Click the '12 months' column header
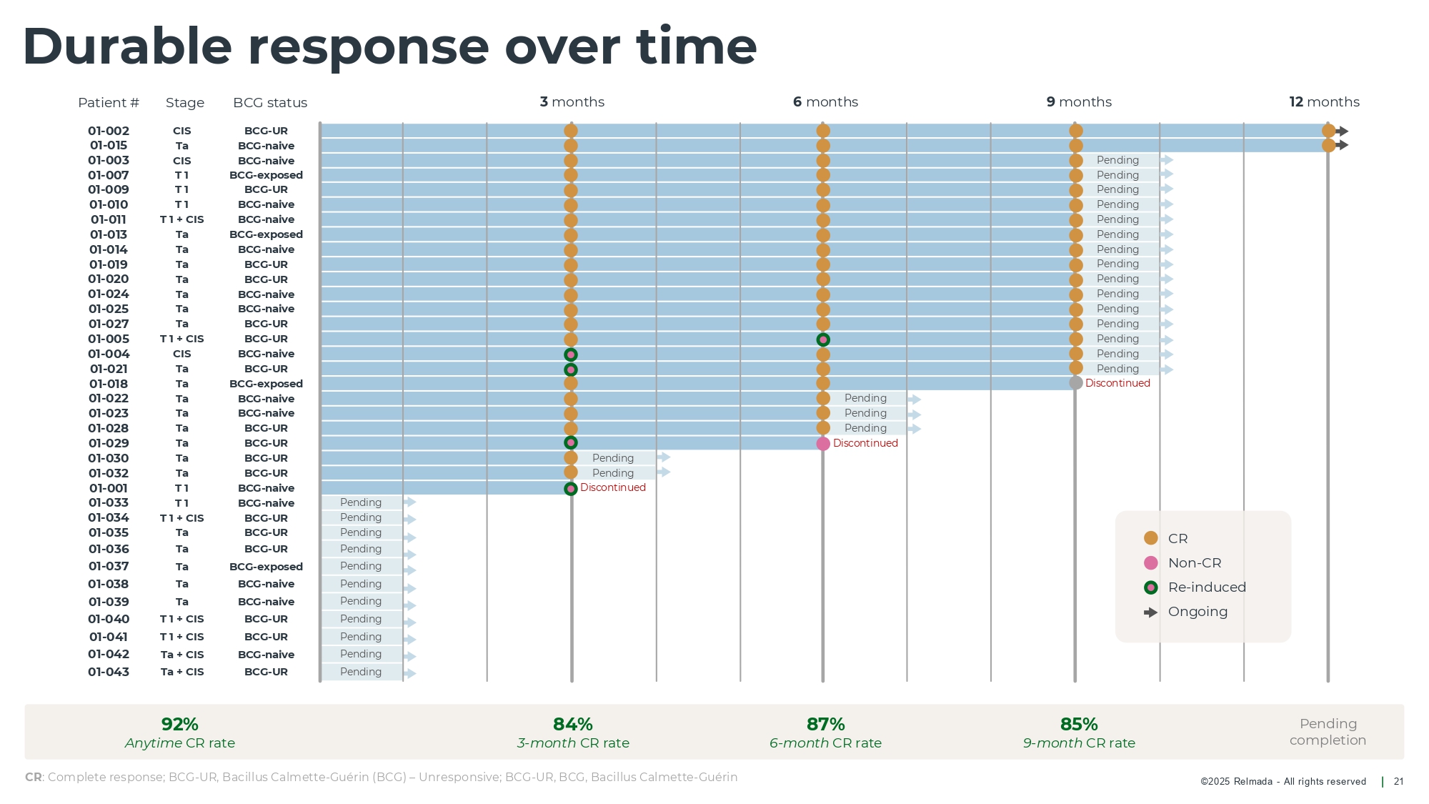pyautogui.click(x=1324, y=102)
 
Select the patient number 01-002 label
pyautogui.click(x=109, y=131)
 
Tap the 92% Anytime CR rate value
pyautogui.click(x=180, y=724)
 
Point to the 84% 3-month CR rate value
pyautogui.click(x=573, y=724)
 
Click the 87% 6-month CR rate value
pyautogui.click(x=825, y=724)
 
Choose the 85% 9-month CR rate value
pyautogui.click(x=1079, y=724)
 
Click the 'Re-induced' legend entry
pyautogui.click(x=1206, y=587)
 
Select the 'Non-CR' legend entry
pyautogui.click(x=1194, y=563)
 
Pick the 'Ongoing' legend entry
pyautogui.click(x=1197, y=612)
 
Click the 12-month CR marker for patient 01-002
pyautogui.click(x=1328, y=131)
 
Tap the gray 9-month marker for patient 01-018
pyautogui.click(x=1076, y=383)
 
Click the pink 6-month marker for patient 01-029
pyautogui.click(x=823, y=444)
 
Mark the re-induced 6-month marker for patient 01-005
pyautogui.click(x=823, y=339)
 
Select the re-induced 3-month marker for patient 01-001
pyautogui.click(x=571, y=489)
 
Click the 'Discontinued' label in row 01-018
pyautogui.click(x=1117, y=383)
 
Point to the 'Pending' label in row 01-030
pyautogui.click(x=613, y=458)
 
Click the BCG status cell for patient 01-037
pyautogui.click(x=266, y=567)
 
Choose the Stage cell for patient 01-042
pyautogui.click(x=182, y=655)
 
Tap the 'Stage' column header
pyautogui.click(x=185, y=103)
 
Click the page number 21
pyautogui.click(x=1398, y=782)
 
